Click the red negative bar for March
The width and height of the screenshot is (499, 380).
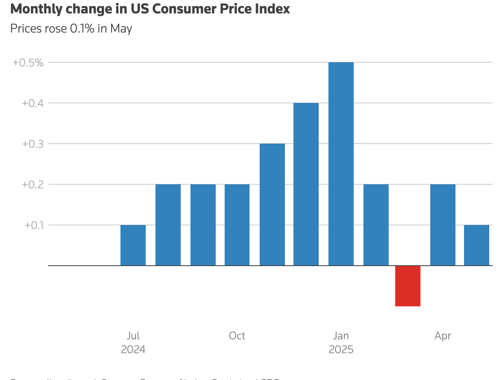click(x=407, y=286)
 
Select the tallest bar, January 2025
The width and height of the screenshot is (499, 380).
click(x=341, y=164)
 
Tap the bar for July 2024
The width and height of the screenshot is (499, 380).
click(x=133, y=245)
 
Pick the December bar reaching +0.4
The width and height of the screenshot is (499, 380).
click(x=306, y=184)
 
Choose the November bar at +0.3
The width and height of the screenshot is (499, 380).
click(x=272, y=204)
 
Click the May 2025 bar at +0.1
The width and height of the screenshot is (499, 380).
click(x=477, y=245)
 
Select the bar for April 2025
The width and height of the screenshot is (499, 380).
click(x=443, y=225)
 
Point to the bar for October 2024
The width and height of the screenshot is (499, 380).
click(x=237, y=225)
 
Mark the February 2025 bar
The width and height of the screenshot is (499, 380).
click(x=376, y=225)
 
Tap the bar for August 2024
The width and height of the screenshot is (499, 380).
click(x=168, y=225)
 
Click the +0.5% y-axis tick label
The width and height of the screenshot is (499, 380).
click(x=28, y=63)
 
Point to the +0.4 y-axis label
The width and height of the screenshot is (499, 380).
click(x=33, y=103)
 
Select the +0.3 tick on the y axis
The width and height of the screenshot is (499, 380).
click(x=33, y=144)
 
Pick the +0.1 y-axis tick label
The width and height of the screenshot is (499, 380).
click(x=34, y=225)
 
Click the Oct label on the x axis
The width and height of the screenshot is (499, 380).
click(x=237, y=336)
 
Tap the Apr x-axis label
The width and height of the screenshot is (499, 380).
click(x=443, y=336)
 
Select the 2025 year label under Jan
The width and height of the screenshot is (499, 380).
click(x=341, y=349)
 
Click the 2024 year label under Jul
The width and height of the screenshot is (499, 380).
click(x=133, y=349)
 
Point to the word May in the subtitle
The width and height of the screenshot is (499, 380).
click(x=121, y=29)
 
